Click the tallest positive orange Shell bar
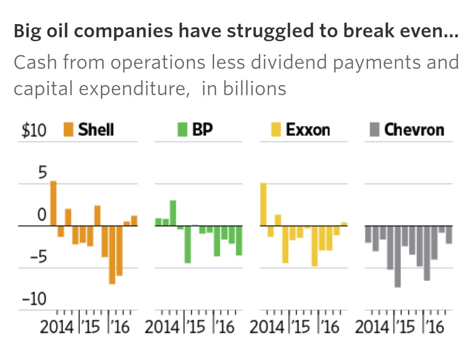[54, 203]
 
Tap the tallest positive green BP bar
[173, 213]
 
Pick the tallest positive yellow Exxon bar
[263, 204]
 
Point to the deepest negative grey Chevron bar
[398, 257]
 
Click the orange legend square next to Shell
[68, 130]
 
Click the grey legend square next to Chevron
[374, 130]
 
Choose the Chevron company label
[414, 130]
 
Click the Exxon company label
[308, 130]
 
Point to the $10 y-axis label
[34, 131]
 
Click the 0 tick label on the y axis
[41, 215]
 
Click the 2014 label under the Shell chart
[57, 328]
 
